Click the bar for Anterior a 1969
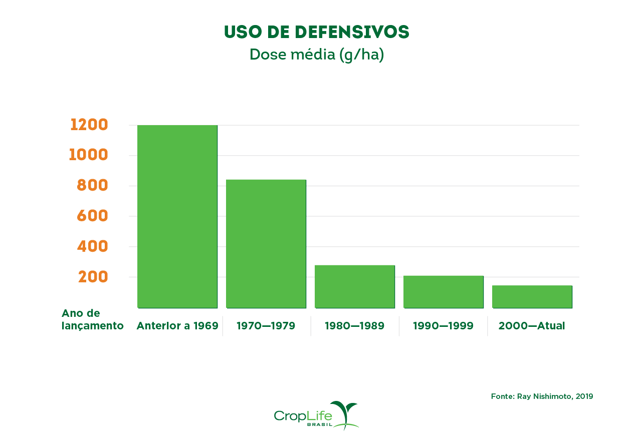(x=177, y=216)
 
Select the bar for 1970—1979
(x=266, y=243)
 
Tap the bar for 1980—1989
(x=355, y=286)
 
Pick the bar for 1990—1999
(x=444, y=291)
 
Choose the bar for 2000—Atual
(x=532, y=296)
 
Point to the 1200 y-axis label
(x=89, y=125)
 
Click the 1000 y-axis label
(x=89, y=155)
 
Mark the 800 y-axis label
(x=92, y=186)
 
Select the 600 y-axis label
(x=92, y=216)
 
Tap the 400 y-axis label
(x=92, y=246)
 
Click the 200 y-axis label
(x=93, y=277)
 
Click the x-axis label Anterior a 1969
(x=177, y=326)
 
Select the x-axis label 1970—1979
(x=266, y=326)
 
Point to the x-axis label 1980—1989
(x=354, y=326)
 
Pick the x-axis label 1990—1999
(x=443, y=326)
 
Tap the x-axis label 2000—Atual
(x=532, y=326)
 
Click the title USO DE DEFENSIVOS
(x=316, y=32)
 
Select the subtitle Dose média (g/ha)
(x=316, y=55)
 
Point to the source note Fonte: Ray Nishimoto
(x=542, y=396)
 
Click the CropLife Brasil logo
(x=316, y=415)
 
